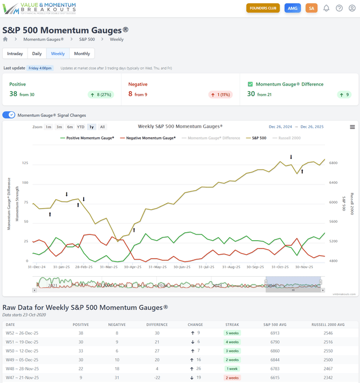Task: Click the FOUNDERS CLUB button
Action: coord(263,8)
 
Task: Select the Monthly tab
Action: coord(82,53)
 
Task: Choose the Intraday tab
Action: coord(15,53)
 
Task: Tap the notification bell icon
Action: coord(326,8)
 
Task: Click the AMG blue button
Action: coord(292,8)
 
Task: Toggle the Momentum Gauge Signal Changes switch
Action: coord(9,115)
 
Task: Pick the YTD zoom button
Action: coord(80,127)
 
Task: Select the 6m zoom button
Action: coord(70,127)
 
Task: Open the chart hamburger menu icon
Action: coord(352,127)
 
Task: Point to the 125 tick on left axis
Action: coord(24,163)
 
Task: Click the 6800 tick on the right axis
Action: coord(333,163)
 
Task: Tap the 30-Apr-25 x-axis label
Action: coord(133,267)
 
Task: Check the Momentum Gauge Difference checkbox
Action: coord(251,84)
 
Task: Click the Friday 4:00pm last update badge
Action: coord(40,68)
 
